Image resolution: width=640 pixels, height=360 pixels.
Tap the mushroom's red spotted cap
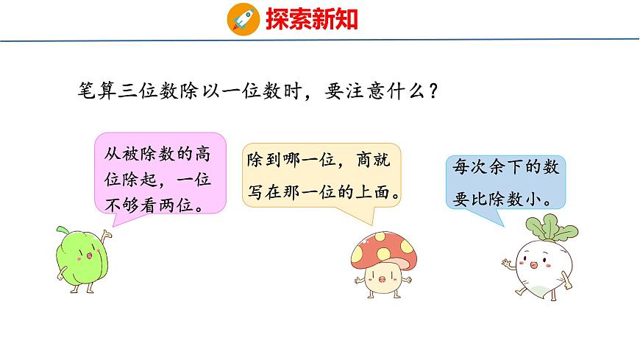(x=380, y=247)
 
